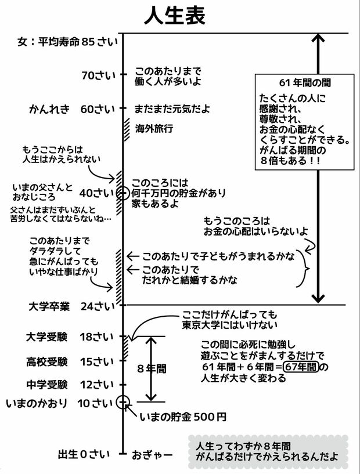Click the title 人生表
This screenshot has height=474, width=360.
click(174, 16)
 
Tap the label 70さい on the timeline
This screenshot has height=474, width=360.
click(98, 75)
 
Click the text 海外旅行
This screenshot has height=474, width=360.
click(154, 128)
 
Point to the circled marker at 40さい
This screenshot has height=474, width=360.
click(123, 193)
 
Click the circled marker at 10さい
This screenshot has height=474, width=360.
click(123, 401)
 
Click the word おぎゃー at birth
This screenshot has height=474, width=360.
click(150, 453)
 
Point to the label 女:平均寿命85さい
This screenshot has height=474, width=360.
click(67, 42)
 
